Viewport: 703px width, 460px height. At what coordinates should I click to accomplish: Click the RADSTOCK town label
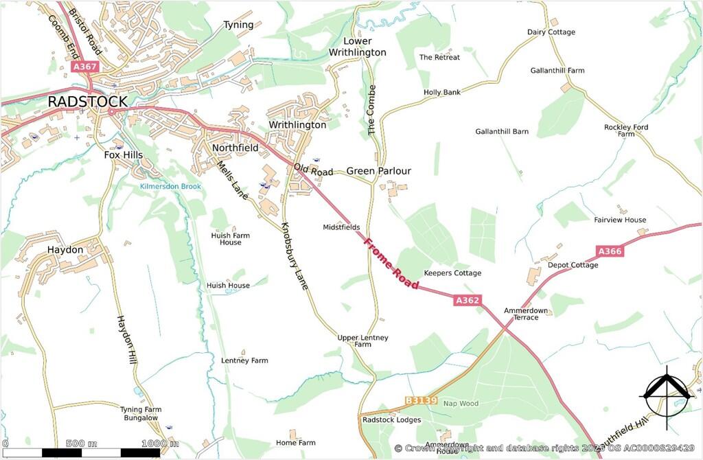click(x=87, y=102)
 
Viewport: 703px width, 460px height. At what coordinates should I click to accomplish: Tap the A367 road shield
click(x=85, y=67)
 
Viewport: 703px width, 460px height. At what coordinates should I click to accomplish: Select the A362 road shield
click(x=468, y=300)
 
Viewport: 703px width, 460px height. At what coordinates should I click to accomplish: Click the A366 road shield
click(x=609, y=251)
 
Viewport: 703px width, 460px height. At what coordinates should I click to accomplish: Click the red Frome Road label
click(x=391, y=264)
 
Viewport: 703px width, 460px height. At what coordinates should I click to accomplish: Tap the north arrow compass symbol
click(x=664, y=393)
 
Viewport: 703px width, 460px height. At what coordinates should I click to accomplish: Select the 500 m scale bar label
click(x=82, y=443)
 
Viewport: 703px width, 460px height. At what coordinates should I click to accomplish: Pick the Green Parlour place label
click(x=378, y=171)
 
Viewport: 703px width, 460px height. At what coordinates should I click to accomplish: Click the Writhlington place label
click(x=297, y=125)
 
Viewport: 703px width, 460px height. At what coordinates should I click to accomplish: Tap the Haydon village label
click(x=65, y=250)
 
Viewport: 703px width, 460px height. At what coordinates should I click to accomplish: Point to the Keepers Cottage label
click(x=452, y=273)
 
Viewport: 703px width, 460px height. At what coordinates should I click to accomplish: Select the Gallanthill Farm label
click(x=557, y=71)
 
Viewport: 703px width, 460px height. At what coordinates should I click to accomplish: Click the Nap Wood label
click(x=460, y=404)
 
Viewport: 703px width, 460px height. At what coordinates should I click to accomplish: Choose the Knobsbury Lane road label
click(x=294, y=255)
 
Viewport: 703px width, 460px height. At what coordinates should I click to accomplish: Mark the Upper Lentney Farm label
click(x=362, y=341)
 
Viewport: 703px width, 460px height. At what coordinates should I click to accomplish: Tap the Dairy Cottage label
click(x=551, y=32)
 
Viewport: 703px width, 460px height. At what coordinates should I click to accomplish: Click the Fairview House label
click(x=620, y=220)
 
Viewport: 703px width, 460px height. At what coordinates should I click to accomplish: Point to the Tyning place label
click(x=238, y=25)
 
